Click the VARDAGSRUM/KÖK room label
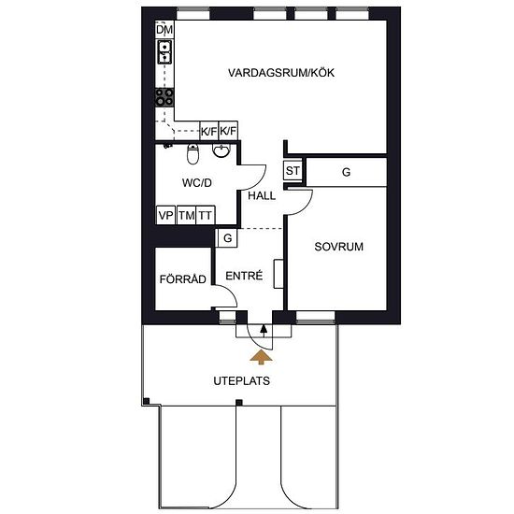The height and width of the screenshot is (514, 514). (x=281, y=73)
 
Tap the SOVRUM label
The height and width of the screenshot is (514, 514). (x=338, y=247)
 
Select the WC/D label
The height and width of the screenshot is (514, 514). (x=196, y=182)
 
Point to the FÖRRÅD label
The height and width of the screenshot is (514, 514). (x=182, y=278)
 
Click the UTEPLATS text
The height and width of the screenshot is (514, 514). (x=242, y=381)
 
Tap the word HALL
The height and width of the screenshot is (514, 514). (x=262, y=195)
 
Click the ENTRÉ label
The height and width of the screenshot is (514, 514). (x=244, y=276)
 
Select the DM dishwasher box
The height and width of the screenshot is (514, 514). (x=164, y=29)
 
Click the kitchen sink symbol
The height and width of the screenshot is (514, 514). (x=164, y=51)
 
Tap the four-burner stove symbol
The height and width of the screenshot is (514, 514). (x=164, y=97)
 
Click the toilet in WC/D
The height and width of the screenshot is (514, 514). (x=193, y=154)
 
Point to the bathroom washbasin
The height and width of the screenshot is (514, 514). (x=221, y=150)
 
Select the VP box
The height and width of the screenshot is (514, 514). (x=165, y=215)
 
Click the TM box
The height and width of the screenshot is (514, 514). (x=186, y=215)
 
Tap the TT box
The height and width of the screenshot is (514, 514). (x=206, y=215)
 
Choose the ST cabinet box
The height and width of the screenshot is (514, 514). (x=293, y=170)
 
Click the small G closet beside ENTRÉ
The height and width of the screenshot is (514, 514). (x=226, y=237)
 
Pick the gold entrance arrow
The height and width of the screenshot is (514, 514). (x=261, y=357)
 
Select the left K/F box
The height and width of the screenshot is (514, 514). (x=208, y=131)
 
